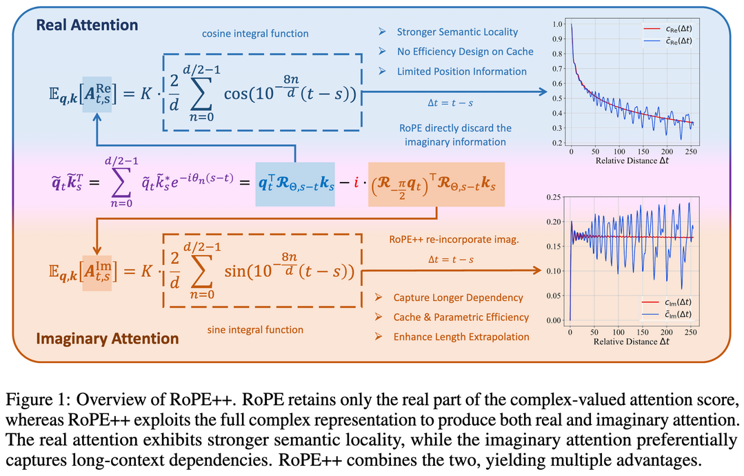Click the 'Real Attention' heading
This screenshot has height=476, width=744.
(87, 25)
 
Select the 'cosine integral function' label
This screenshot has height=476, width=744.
(255, 34)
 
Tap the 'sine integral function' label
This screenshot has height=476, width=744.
(255, 330)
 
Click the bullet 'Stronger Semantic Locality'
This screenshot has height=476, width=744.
(457, 32)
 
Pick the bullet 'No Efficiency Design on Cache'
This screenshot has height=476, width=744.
(465, 52)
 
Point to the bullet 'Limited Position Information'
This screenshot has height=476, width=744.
(461, 72)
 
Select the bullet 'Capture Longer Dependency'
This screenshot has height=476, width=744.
(458, 298)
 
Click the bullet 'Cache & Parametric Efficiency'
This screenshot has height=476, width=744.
(461, 317)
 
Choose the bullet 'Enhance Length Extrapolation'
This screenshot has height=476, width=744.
(461, 336)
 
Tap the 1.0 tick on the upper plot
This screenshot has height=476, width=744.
(558, 24)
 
